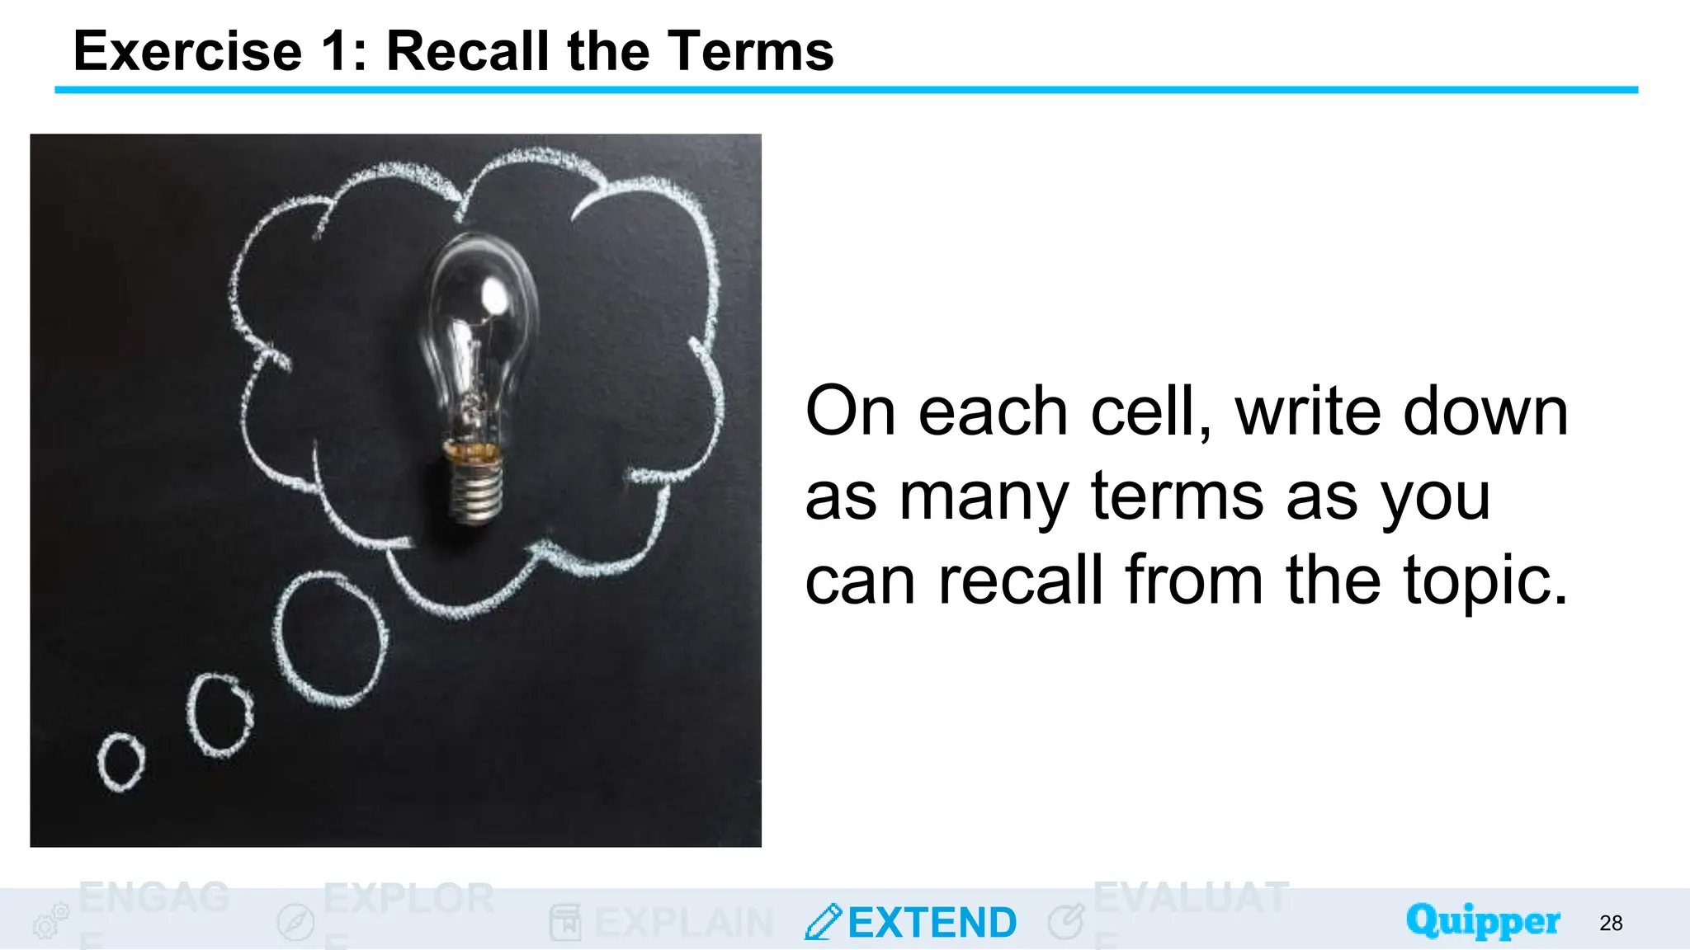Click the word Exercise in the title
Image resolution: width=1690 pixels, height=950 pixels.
[x=188, y=51]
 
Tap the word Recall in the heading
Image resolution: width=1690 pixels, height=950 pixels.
[x=468, y=51]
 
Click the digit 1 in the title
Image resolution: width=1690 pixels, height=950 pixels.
[x=338, y=51]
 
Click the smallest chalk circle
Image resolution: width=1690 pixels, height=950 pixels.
[x=120, y=761]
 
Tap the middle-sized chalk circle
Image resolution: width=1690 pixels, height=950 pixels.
[x=220, y=715]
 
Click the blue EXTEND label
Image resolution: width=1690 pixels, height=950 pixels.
[x=932, y=923]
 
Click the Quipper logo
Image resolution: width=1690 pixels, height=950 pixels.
[x=1483, y=921]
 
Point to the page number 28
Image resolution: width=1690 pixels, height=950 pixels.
[x=1611, y=923]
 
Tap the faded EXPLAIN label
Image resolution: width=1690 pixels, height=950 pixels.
[x=683, y=923]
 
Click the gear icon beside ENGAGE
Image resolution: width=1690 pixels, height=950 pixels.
[x=50, y=921]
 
